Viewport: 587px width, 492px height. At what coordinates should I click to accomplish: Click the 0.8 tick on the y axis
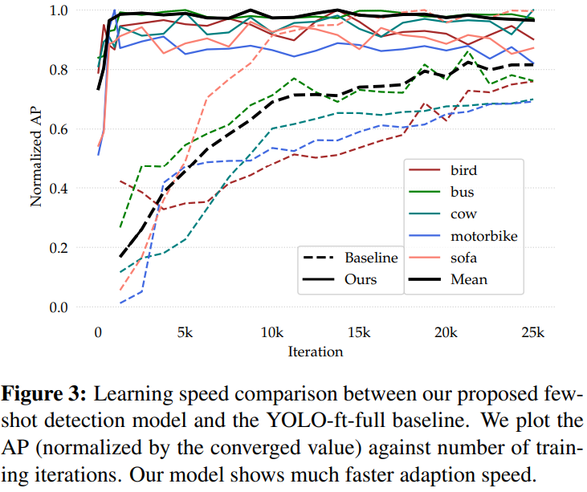(59, 70)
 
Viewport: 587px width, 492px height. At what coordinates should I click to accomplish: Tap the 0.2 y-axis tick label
(59, 248)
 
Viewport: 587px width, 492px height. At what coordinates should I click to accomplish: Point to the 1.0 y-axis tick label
(59, 10)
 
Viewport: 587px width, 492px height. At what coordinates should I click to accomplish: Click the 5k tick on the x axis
(185, 332)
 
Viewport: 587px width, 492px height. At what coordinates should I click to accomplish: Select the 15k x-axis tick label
(359, 332)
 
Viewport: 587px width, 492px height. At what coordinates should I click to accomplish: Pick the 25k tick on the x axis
(532, 332)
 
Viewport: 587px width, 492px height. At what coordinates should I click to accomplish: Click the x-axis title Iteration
(316, 352)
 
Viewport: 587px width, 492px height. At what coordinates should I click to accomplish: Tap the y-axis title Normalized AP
(36, 157)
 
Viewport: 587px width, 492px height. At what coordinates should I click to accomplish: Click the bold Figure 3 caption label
(44, 394)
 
